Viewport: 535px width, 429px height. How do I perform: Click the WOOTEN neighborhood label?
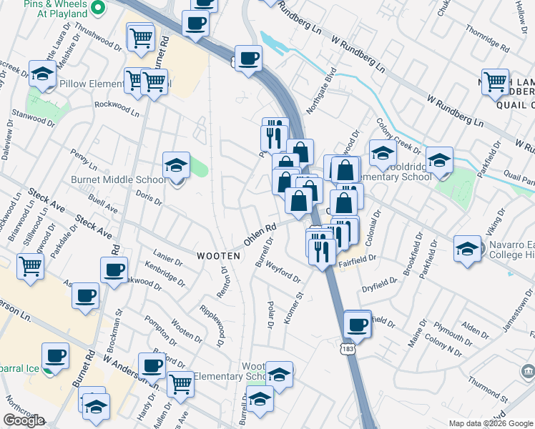217,255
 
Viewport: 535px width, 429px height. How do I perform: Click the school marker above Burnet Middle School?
176,166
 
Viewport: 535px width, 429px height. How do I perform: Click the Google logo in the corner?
24,420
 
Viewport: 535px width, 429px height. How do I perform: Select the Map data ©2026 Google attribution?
491,423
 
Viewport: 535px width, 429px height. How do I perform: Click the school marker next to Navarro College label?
466,250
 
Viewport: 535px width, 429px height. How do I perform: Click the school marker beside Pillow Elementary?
42,74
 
